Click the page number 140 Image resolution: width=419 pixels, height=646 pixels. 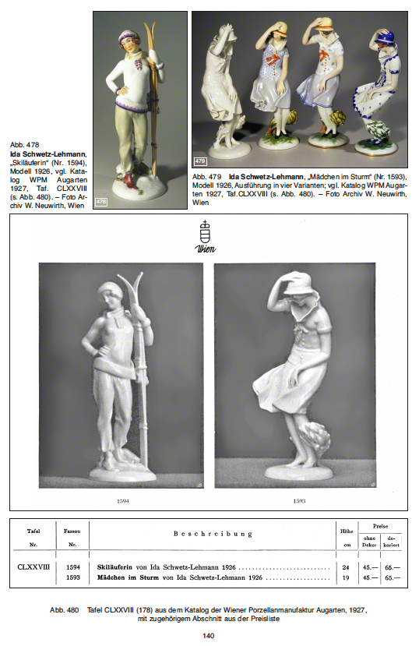click(208, 636)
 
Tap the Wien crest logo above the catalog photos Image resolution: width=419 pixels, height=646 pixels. click(205, 236)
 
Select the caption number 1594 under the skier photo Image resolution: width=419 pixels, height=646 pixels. click(123, 501)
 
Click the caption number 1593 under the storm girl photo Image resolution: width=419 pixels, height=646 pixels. click(299, 501)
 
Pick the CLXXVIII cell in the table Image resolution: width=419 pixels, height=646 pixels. click(33, 567)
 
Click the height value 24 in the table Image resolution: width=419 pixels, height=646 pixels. click(346, 567)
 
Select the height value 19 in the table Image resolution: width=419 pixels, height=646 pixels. click(346, 577)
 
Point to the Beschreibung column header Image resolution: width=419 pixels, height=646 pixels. click(213, 534)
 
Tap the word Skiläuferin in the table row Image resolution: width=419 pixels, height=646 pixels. click(114, 567)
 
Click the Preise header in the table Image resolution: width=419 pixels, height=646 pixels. click(380, 526)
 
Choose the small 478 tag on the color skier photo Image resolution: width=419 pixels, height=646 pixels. click(101, 202)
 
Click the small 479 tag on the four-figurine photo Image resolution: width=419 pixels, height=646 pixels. click(200, 161)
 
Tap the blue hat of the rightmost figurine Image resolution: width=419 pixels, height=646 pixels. click(381, 38)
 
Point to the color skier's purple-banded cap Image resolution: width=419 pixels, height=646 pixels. click(129, 37)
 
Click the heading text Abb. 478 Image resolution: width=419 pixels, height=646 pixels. click(25, 145)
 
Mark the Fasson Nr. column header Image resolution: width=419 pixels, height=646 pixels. click(72, 538)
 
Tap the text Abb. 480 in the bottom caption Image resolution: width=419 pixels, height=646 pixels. click(64, 609)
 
